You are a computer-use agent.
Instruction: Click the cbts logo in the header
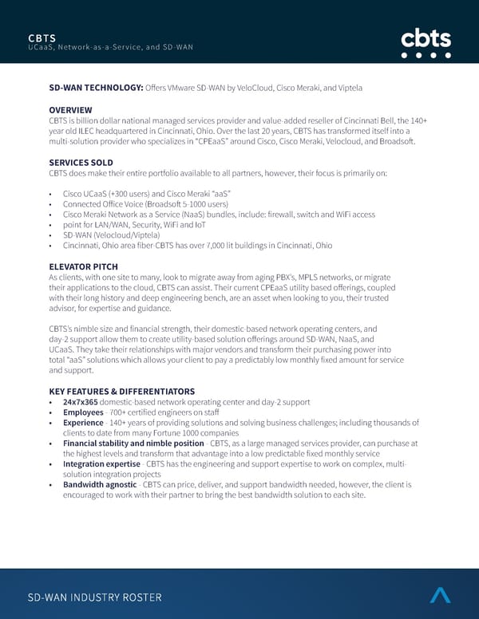pos(426,43)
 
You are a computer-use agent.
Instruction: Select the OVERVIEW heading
pos(70,109)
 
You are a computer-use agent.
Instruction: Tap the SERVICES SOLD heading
pos(81,162)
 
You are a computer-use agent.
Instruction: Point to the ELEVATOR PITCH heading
pos(83,266)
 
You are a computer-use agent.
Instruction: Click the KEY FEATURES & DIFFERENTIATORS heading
pos(121,391)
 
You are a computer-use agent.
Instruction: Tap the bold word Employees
pos(83,412)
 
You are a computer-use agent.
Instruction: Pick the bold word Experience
pos(84,423)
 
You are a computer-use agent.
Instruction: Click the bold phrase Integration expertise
pos(99,464)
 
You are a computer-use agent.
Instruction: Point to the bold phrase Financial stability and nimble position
pos(133,444)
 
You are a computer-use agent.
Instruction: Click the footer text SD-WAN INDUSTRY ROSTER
pos(94,597)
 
